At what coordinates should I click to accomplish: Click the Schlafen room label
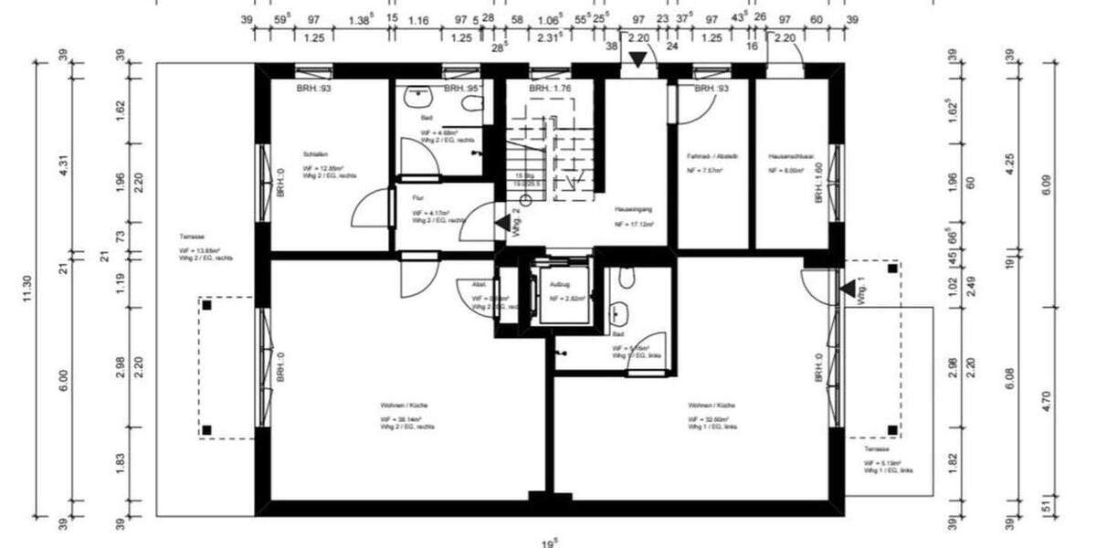pyautogui.click(x=317, y=154)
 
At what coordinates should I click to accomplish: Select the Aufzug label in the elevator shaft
pyautogui.click(x=559, y=284)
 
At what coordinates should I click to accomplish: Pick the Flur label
pyautogui.click(x=418, y=196)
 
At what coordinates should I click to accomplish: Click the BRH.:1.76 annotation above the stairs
pyautogui.click(x=550, y=89)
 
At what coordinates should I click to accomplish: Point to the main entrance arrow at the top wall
pyautogui.click(x=638, y=59)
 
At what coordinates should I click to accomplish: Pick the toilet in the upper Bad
pyautogui.click(x=471, y=102)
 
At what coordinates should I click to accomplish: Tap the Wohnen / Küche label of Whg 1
pyautogui.click(x=712, y=405)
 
